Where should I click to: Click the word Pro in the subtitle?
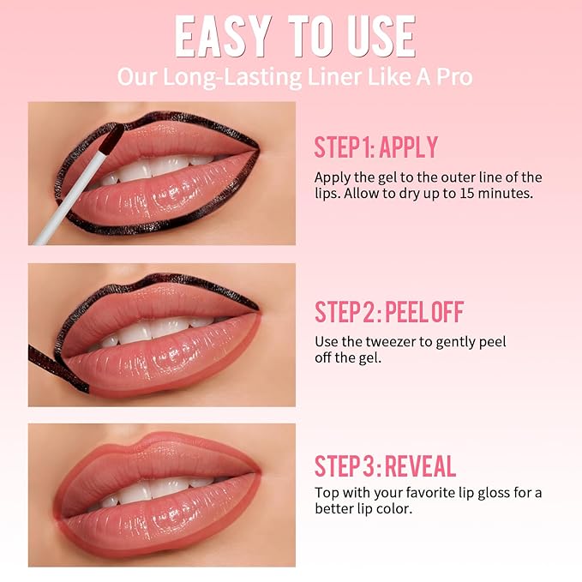pyautogui.click(x=454, y=76)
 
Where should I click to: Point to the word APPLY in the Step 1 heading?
pyautogui.click(x=409, y=147)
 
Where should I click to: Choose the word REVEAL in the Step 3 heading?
pyautogui.click(x=420, y=466)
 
